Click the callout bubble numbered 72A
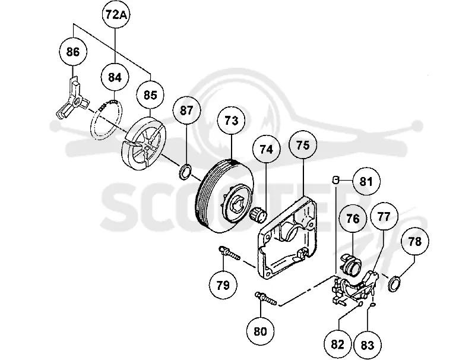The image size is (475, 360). pos(115,14)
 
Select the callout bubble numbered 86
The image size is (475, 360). pos(72,52)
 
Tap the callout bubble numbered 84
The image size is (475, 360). pos(115,78)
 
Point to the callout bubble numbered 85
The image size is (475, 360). pos(151,95)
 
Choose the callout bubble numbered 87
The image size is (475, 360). pos(186,110)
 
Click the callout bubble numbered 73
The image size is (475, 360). pos(232,121)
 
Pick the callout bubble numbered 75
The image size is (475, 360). pos(303,145)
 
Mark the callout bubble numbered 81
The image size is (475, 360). pos(366,182)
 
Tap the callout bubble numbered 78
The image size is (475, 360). pos(415,242)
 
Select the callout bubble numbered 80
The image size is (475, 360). pos(260,331)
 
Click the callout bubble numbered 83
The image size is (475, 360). pos(368,345)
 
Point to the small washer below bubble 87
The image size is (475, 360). pos(185,171)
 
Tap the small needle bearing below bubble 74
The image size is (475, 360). pos(258,214)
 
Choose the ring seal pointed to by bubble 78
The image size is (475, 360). pos(395,283)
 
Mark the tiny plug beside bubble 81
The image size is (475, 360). pos(335,179)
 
